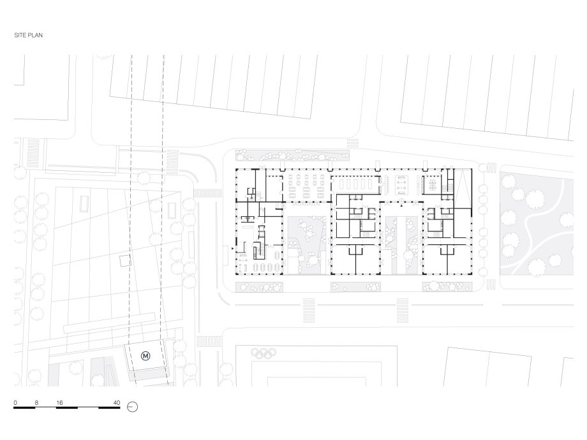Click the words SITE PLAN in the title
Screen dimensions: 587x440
(29, 35)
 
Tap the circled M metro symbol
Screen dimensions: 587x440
(145, 356)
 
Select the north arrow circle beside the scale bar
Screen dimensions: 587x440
(133, 407)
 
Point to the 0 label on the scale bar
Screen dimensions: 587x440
(15, 403)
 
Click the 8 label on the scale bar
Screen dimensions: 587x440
(36, 403)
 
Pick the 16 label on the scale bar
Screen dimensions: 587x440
(59, 403)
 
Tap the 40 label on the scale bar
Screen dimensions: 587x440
(117, 403)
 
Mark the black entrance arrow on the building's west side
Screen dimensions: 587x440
(233, 248)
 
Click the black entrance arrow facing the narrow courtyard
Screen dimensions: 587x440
(401, 206)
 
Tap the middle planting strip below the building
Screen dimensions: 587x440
(355, 287)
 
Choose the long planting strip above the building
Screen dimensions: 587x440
(292, 154)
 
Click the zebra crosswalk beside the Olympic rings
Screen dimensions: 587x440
(209, 341)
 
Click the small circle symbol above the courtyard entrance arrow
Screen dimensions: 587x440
(401, 200)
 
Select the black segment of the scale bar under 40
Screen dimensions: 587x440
(109, 407)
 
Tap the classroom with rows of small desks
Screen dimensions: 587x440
(306, 185)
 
